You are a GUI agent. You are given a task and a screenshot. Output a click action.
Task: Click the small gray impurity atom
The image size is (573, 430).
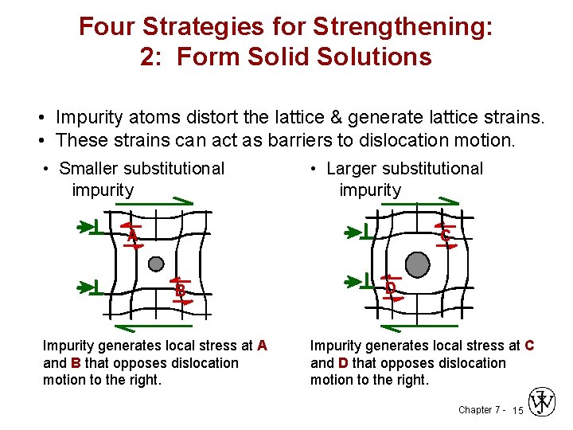[x=156, y=264]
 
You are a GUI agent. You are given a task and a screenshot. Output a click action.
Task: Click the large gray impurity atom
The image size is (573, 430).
[x=417, y=264]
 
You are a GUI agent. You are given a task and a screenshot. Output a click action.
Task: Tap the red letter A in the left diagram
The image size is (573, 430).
[x=132, y=236]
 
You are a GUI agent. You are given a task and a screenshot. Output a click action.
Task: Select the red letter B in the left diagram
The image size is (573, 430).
[x=181, y=291]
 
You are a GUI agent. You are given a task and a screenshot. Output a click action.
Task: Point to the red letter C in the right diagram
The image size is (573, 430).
[x=445, y=236]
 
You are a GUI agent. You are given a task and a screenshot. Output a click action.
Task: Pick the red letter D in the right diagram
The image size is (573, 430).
[x=391, y=287]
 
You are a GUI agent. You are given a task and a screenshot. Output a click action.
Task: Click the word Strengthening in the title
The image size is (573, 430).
[x=403, y=27]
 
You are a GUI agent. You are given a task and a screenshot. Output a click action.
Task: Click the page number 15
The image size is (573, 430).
[x=517, y=411]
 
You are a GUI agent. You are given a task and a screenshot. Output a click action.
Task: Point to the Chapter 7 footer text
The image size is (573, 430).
[x=479, y=410]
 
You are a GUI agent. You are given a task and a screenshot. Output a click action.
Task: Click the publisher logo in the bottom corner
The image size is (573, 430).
[x=544, y=402]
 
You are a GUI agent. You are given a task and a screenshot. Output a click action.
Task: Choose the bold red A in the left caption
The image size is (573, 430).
[x=262, y=346]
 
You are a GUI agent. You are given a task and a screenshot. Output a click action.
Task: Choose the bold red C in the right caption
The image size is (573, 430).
[x=529, y=346]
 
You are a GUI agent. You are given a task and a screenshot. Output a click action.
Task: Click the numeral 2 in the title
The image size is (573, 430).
[x=148, y=57]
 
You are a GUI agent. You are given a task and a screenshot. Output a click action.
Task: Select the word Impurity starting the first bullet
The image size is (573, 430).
[x=88, y=119]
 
